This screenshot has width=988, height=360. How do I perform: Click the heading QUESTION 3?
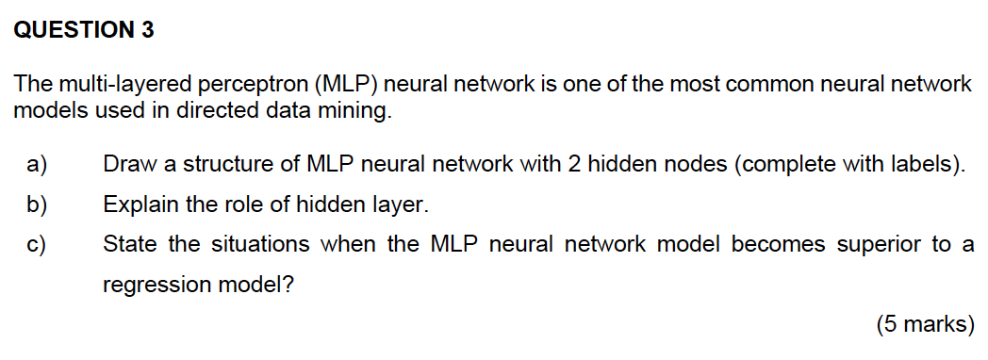84,31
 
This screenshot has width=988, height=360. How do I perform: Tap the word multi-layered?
105,86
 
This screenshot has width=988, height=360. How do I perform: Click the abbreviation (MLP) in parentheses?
345,86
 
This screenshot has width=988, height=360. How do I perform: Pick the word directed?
199,111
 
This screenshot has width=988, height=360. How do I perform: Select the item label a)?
36,165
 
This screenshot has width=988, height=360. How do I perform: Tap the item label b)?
36,204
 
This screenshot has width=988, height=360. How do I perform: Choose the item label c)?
36,245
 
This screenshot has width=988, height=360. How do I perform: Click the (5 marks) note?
925,325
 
